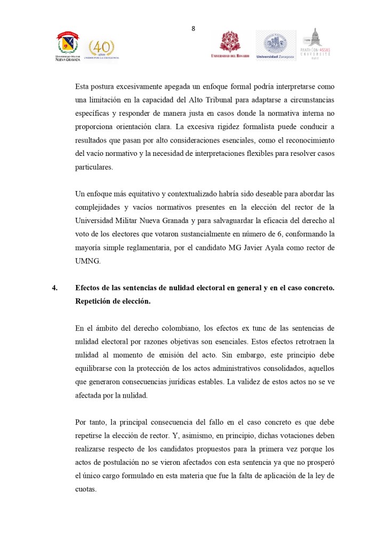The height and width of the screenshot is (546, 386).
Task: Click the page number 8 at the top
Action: point(193,29)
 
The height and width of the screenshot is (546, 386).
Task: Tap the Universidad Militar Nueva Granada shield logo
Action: point(68,43)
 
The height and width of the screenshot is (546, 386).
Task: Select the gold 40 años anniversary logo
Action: point(101,49)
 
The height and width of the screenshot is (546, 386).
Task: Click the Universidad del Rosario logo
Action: point(230,45)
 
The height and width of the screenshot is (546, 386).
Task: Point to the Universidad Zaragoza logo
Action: point(275,45)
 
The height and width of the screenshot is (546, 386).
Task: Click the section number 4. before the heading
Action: point(54,288)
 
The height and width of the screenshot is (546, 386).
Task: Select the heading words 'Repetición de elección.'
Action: point(112,301)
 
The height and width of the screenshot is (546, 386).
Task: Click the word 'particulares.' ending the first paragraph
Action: point(94,167)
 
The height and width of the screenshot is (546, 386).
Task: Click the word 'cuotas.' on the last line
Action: point(86,489)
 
